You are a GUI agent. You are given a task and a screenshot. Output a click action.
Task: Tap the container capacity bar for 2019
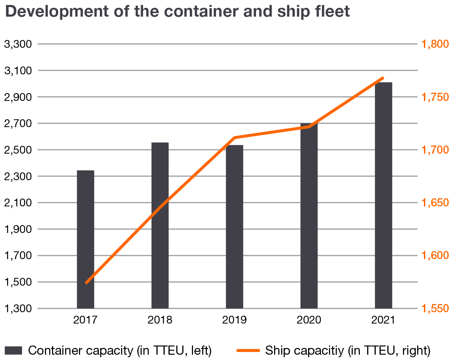point(234,227)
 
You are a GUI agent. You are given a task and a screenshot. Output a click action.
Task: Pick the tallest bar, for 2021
point(384,195)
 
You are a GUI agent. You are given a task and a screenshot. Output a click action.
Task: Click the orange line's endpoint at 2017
point(86,283)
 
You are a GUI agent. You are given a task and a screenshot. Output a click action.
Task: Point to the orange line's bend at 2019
point(235,137)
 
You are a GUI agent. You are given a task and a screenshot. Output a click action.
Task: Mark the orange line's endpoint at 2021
point(383,78)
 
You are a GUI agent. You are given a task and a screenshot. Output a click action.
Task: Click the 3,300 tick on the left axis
point(18,44)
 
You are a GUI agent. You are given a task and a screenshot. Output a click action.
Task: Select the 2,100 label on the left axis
point(18,203)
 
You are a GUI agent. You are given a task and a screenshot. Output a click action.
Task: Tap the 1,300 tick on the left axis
point(18,309)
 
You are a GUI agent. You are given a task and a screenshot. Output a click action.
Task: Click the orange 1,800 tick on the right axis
point(435,44)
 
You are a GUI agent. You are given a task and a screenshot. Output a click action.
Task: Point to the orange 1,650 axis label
point(435,203)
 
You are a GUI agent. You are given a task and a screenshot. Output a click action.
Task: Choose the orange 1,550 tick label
point(435,309)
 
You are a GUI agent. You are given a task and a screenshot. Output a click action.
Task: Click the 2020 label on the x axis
point(309,320)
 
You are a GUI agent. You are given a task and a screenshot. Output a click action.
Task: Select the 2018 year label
point(160,320)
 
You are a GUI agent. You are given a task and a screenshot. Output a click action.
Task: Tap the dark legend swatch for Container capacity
point(13,350)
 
